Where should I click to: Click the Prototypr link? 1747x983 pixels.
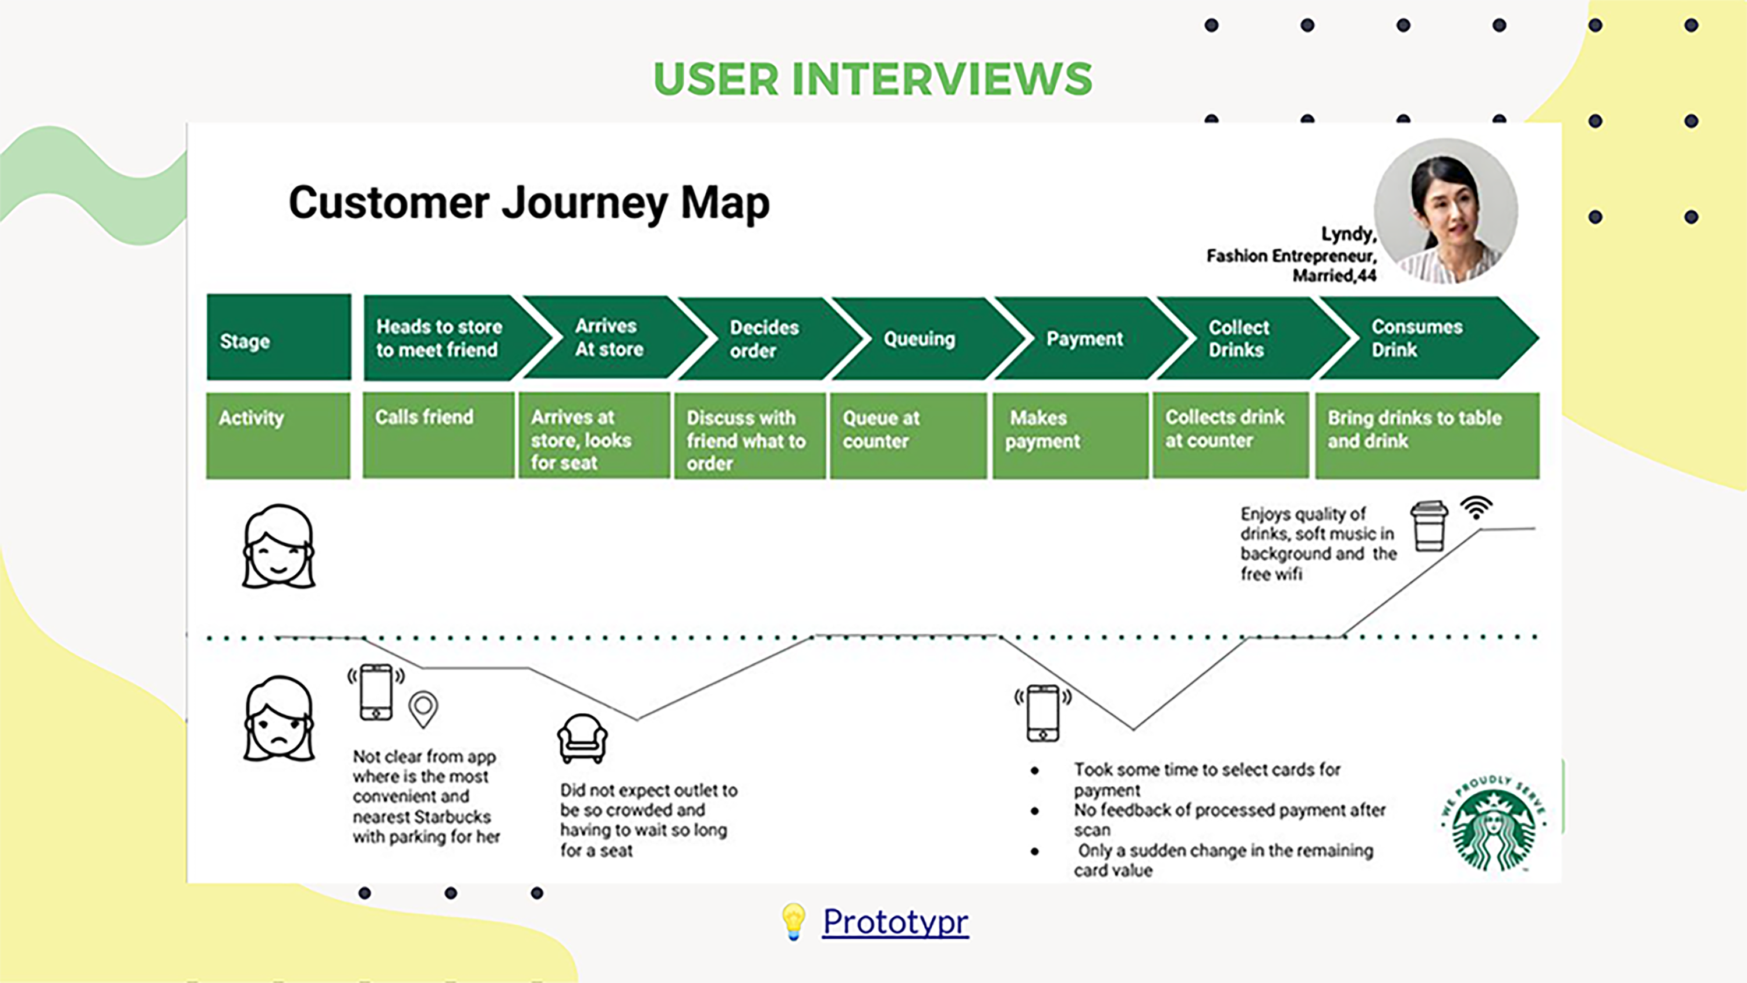[895, 921]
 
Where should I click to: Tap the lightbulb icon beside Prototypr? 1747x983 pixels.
[793, 921]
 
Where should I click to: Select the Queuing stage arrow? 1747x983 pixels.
[919, 338]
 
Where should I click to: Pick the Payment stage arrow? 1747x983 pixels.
[1084, 338]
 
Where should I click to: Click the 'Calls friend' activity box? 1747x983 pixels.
[438, 435]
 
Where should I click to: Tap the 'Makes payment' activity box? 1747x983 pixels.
[1070, 435]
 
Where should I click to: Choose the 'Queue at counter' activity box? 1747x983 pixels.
[908, 435]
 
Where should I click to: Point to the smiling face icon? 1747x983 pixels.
[279, 546]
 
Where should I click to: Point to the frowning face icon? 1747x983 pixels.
[279, 719]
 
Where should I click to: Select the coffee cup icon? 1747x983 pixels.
[1429, 526]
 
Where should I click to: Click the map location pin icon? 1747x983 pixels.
[423, 709]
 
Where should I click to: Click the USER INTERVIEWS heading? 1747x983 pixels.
[873, 79]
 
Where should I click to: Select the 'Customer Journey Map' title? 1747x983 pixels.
[529, 202]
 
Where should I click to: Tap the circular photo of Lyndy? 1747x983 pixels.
[1446, 211]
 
